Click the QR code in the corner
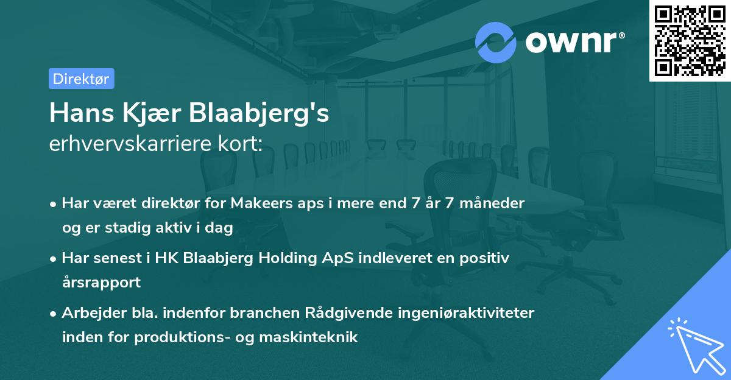(690, 40)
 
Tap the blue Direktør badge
(81, 79)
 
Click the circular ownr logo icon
(496, 41)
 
